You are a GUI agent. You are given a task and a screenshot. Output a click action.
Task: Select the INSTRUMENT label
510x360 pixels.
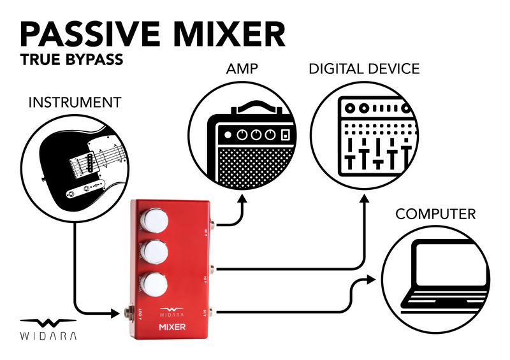tap(75, 102)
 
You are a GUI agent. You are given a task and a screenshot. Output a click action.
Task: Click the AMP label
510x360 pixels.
tap(242, 68)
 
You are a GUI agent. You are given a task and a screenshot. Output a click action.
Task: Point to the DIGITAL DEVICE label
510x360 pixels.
tap(364, 68)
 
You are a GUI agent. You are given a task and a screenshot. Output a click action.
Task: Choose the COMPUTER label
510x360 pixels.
tap(435, 213)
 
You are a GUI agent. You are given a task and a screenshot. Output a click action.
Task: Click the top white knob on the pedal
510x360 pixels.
tap(155, 221)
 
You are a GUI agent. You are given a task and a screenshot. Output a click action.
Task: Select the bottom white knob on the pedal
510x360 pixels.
tap(155, 282)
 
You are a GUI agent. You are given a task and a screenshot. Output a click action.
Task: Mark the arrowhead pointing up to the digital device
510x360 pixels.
tap(364, 199)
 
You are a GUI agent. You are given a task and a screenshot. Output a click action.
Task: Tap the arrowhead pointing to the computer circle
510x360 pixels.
tap(374, 280)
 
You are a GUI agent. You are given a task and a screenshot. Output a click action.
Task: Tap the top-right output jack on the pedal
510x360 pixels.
tap(216, 225)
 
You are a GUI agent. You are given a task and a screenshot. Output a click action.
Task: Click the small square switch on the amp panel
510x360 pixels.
tap(286, 135)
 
